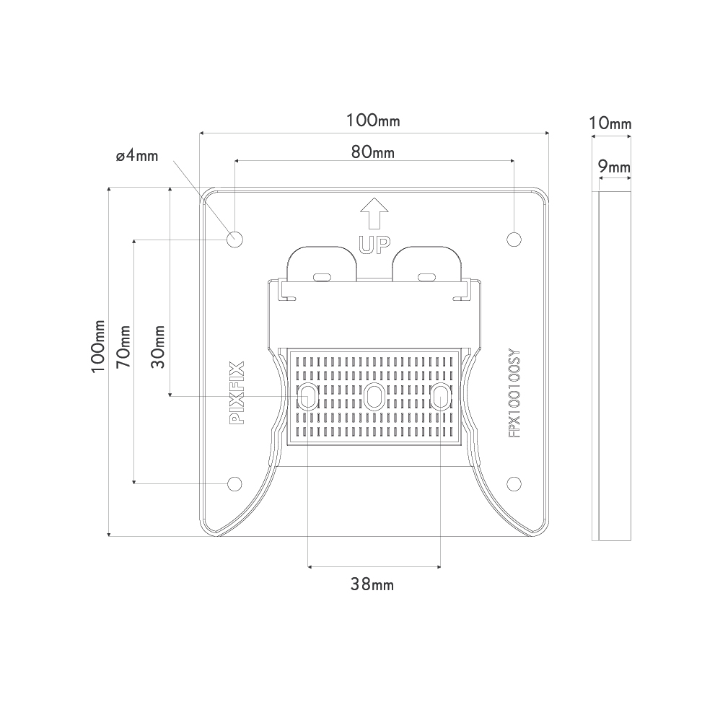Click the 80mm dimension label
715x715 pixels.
372,152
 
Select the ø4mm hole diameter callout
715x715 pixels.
137,156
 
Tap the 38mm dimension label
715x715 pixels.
372,584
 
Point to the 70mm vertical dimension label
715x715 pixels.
123,346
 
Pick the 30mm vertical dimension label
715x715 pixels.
158,346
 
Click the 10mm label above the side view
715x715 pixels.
610,123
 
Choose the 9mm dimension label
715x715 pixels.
614,167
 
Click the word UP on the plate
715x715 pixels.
374,245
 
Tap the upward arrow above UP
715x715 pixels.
374,214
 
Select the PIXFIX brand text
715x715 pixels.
237,392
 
